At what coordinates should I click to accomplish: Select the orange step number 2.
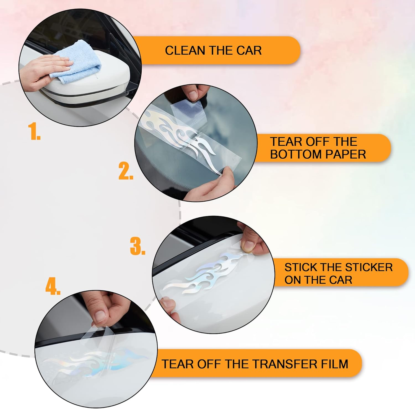(126, 171)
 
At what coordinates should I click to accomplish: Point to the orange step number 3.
(138, 246)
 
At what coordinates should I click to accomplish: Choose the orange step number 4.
(53, 287)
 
